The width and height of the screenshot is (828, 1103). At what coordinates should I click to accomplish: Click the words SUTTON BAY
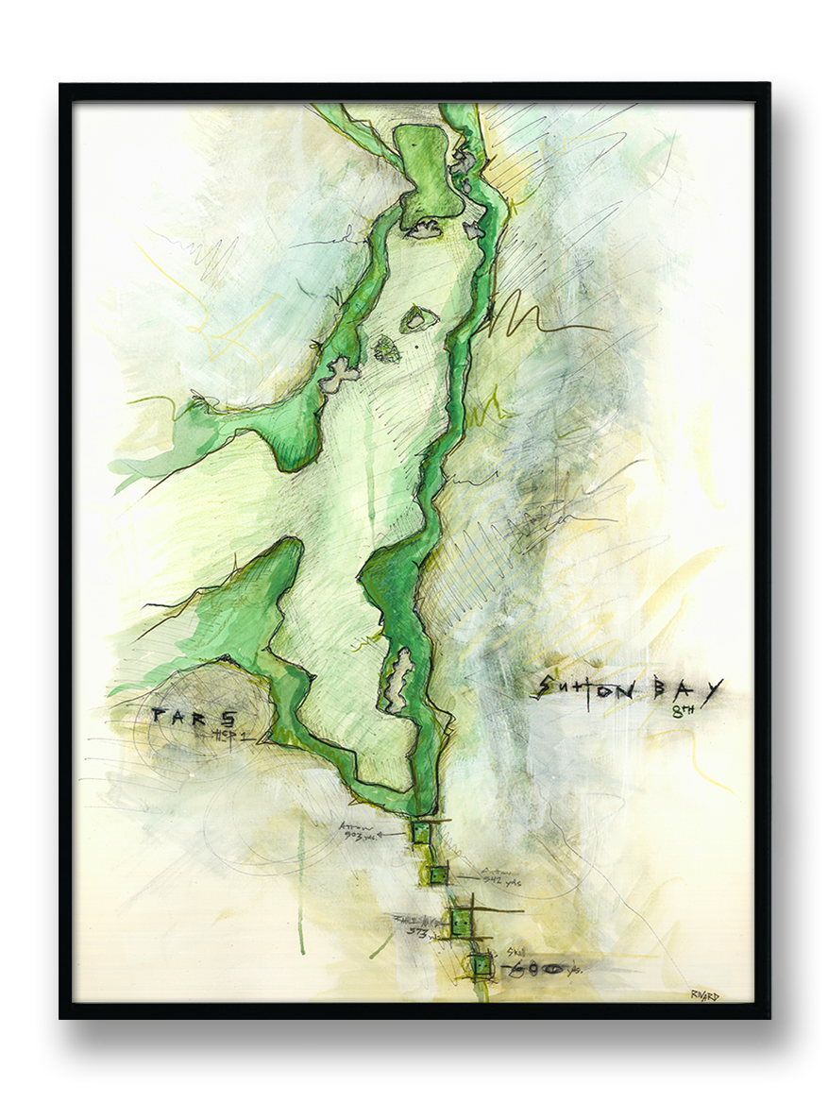pos(627,689)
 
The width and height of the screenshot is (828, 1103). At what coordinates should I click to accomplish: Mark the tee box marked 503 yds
pos(419,832)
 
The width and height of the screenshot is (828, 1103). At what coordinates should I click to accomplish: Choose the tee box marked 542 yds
pos(437,876)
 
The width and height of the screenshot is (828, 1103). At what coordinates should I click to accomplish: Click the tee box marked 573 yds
pos(463,923)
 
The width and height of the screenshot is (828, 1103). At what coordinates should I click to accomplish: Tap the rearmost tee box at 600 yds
pos(481,965)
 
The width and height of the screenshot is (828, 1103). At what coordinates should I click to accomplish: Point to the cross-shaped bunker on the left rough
pos(338,376)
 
